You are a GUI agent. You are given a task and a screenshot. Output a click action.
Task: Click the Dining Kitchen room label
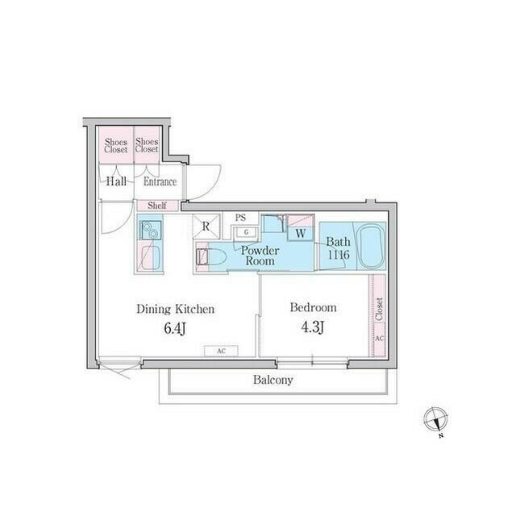point(174,308)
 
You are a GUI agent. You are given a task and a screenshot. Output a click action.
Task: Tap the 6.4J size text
point(174,329)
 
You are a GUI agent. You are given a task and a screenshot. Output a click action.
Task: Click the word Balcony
point(273,380)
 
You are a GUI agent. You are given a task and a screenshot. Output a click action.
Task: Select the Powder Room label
point(261,256)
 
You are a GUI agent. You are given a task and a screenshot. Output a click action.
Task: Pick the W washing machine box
point(300,234)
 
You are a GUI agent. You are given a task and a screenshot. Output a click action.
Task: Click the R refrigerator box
point(206,227)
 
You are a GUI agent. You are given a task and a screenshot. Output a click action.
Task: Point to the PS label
point(240,218)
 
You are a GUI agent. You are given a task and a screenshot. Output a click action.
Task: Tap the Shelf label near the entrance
point(157,206)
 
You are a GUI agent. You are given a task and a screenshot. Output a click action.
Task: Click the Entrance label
point(160,181)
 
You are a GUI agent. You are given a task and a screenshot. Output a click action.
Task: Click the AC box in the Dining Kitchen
point(221,352)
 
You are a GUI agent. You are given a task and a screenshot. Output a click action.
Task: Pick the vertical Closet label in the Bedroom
point(379,310)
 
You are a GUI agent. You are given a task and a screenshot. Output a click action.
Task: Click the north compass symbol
point(435,420)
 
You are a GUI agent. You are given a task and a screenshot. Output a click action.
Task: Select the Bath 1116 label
point(337,248)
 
